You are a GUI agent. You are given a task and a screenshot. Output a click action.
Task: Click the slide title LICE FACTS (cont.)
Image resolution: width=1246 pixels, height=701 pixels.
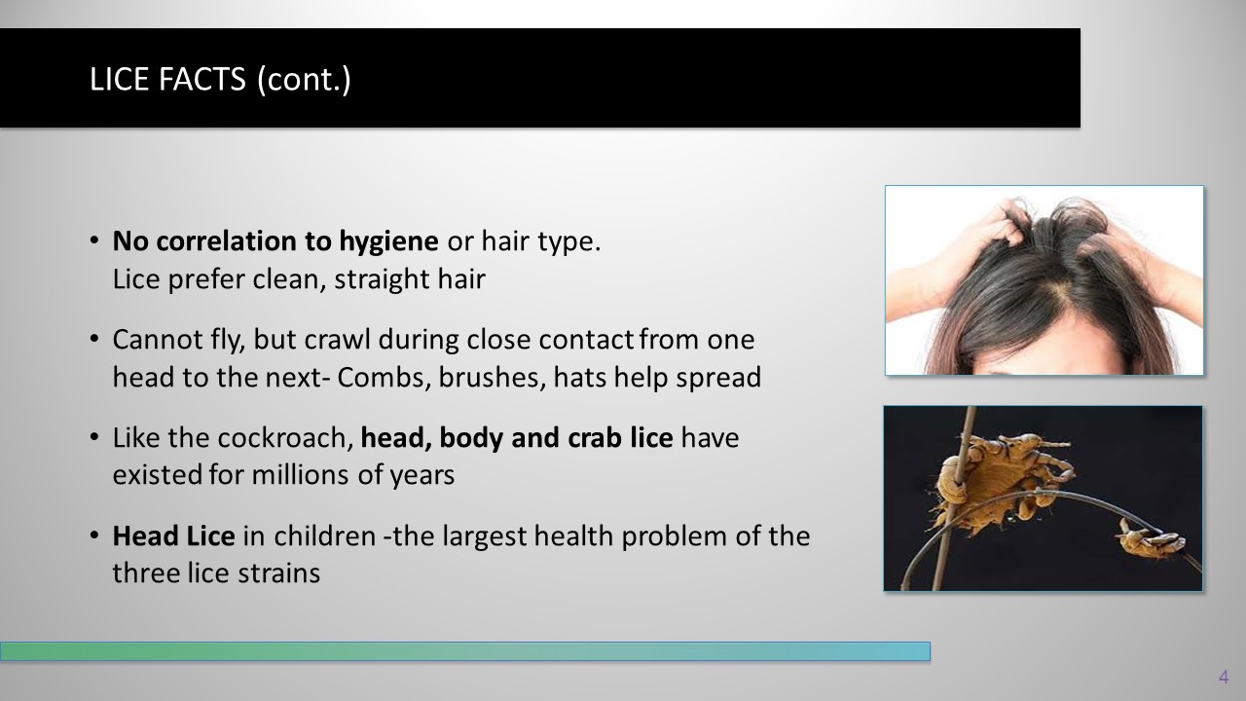pos(220,79)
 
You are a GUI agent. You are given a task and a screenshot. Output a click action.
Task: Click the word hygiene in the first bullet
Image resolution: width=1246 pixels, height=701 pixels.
pos(388,242)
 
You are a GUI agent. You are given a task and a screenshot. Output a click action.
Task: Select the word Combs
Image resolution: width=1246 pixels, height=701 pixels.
pos(384,377)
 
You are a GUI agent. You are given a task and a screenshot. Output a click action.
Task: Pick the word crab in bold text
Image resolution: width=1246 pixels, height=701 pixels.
pos(594,438)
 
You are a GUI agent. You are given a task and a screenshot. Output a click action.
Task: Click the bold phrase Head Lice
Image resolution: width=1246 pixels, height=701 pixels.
pos(173,535)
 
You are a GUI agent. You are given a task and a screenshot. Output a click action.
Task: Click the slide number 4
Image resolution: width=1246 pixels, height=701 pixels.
pos(1224,677)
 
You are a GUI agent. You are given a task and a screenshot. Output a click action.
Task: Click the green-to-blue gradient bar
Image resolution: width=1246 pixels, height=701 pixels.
pos(465,651)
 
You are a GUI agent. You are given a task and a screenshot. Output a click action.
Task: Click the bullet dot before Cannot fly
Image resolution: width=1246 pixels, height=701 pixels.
pos(94,338)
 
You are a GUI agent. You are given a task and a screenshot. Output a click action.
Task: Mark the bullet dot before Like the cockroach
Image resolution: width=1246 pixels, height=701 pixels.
pos(94,437)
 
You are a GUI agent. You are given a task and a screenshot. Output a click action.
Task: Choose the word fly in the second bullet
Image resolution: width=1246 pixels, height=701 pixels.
pos(228,340)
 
